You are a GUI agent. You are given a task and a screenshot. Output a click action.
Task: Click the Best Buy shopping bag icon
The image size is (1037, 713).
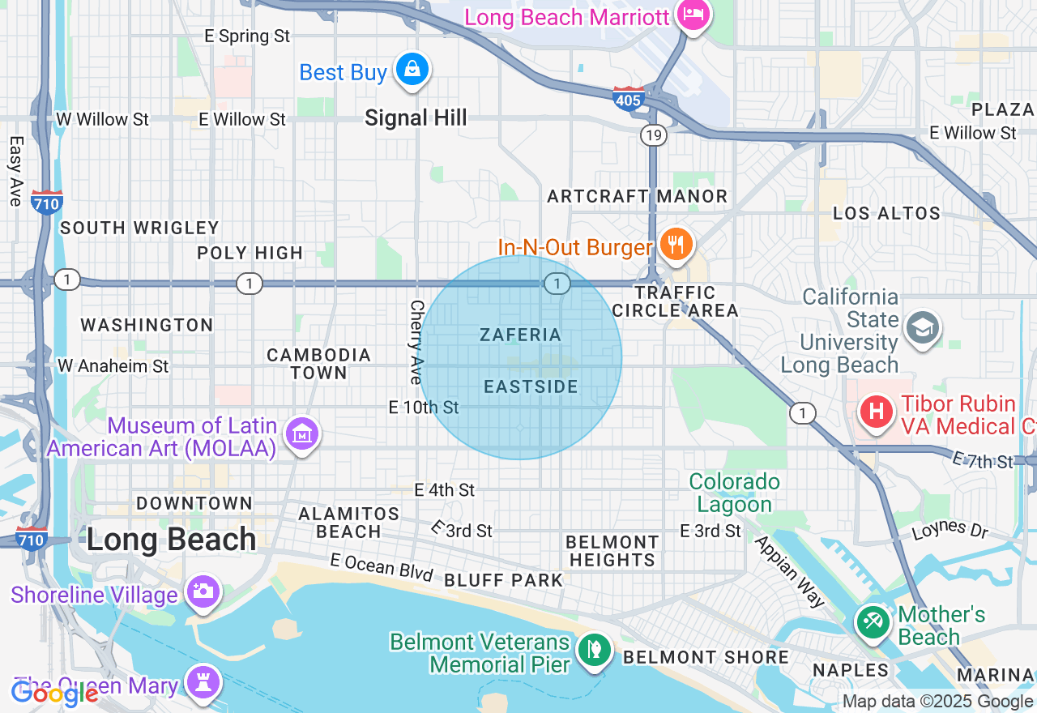[x=412, y=70]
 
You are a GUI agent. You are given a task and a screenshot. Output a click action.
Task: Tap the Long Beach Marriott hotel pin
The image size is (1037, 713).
[x=693, y=15]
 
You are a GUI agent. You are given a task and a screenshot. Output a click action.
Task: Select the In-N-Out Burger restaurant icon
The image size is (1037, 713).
[x=675, y=243]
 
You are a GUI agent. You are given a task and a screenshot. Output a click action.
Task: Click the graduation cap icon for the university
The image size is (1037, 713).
[x=922, y=328]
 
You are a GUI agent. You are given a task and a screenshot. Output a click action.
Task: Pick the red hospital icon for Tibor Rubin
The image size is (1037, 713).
[x=876, y=411]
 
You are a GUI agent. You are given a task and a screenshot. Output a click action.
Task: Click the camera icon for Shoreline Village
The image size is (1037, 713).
[x=202, y=591]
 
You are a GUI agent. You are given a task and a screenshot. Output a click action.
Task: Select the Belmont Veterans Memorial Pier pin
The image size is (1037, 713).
[x=594, y=649]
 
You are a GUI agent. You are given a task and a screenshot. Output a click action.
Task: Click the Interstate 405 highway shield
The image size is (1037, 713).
[x=629, y=99]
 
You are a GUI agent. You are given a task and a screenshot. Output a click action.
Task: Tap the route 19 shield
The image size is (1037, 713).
[x=654, y=134]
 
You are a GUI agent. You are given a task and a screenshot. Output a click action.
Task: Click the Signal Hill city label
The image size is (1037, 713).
[x=416, y=118]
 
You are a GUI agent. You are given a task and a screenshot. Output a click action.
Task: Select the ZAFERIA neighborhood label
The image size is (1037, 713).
[x=520, y=335]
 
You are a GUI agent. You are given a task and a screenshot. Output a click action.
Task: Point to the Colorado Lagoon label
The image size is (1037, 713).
[x=735, y=493]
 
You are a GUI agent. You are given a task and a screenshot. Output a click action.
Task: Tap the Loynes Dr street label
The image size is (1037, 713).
[x=950, y=529]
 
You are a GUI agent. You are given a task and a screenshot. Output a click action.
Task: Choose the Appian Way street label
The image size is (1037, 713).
[x=789, y=570]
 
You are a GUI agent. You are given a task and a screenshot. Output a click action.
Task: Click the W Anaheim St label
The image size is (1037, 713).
[x=113, y=366]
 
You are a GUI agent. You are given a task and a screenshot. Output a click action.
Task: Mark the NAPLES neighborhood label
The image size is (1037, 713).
[x=851, y=670]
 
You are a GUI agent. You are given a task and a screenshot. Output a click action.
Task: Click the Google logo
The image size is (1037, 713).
[x=54, y=694]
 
